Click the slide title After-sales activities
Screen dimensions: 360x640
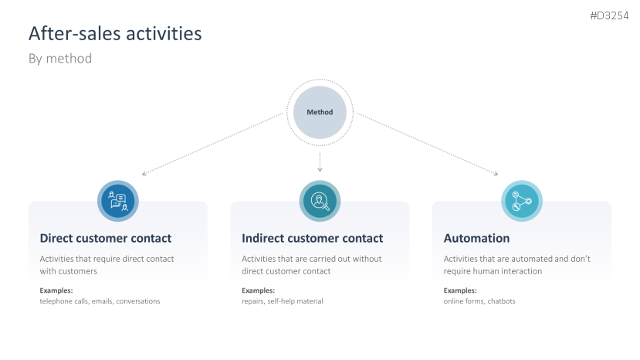point(115,34)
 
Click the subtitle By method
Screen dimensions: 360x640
point(60,59)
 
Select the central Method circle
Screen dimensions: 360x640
point(320,112)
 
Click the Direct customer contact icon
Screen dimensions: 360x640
point(117,201)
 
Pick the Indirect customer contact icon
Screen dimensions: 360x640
point(320,201)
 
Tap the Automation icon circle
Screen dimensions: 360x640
point(522,201)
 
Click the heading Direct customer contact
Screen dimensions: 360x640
point(106,238)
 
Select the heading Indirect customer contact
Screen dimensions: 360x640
point(312,238)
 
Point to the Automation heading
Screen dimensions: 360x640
point(476,238)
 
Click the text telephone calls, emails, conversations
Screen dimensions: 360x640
point(100,301)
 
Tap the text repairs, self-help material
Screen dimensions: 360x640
point(283,301)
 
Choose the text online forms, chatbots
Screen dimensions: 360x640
point(479,301)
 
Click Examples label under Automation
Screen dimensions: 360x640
point(460,290)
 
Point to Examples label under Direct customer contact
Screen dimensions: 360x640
point(56,290)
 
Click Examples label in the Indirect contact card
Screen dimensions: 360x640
point(258,290)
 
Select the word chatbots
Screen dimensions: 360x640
point(500,301)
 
